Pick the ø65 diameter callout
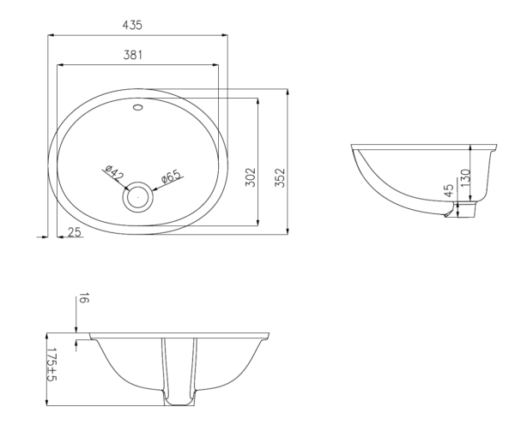pos(170,177)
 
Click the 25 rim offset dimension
pos(76,231)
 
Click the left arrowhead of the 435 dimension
pos(50,35)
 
